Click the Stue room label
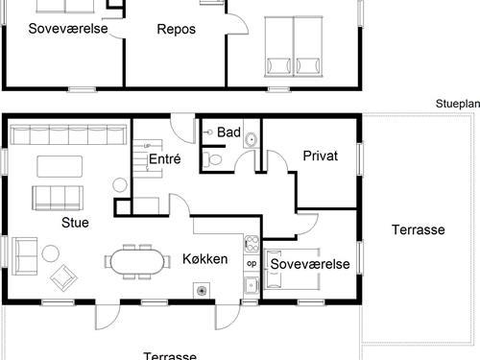(x=75, y=224)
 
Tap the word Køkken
(x=204, y=259)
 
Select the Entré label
(x=165, y=160)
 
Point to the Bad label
(x=228, y=132)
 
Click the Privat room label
(x=320, y=156)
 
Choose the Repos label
(x=176, y=29)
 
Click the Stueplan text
(x=455, y=105)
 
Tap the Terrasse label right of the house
(x=418, y=230)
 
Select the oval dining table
(x=133, y=260)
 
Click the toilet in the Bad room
(x=215, y=158)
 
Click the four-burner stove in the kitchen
(x=252, y=242)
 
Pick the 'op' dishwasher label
(x=252, y=263)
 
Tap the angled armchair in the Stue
(x=63, y=276)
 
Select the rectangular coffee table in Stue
(x=60, y=165)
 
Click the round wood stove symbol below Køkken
(x=202, y=289)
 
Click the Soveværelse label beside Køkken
(x=308, y=264)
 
